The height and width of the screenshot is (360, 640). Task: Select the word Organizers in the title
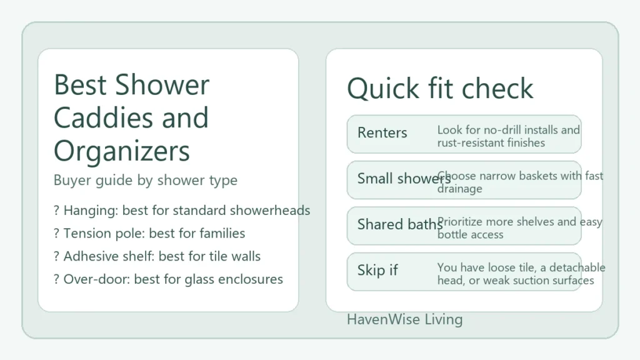tap(121, 151)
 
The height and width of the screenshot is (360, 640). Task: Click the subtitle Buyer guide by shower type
tap(145, 181)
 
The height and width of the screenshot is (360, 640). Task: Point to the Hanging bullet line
tap(182, 211)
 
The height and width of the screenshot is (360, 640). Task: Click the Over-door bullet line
tap(168, 279)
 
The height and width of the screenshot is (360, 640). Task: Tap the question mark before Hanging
tap(57, 211)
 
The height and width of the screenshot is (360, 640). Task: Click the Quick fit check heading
tap(440, 89)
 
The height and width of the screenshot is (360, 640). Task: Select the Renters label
tap(382, 132)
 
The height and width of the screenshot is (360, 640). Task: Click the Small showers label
tap(404, 179)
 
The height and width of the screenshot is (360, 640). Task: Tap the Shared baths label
tap(400, 224)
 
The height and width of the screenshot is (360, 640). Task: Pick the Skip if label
tap(377, 270)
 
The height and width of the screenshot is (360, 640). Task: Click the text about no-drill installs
tap(508, 136)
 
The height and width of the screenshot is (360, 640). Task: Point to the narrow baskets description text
tap(520, 182)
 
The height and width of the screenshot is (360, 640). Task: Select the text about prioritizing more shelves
tap(519, 227)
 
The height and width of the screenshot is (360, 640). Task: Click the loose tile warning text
tap(521, 274)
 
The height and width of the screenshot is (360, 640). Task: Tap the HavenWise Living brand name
tap(404, 319)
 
